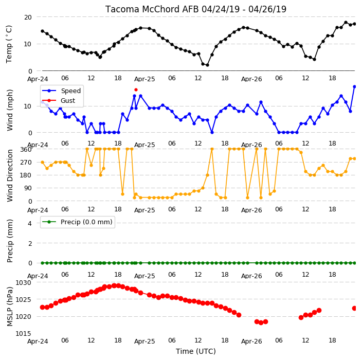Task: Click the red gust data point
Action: (x=136, y=89)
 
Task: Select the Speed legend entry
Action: (x=61, y=91)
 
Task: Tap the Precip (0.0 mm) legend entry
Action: (x=77, y=222)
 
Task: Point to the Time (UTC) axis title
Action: (x=196, y=351)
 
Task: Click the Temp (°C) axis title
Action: (x=9, y=44)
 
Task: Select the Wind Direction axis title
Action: (x=10, y=175)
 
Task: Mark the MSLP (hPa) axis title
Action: (x=10, y=307)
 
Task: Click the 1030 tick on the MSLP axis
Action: (x=23, y=283)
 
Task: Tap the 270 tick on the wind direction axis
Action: (x=26, y=163)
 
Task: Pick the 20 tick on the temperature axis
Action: (x=27, y=17)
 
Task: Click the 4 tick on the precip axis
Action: (x=30, y=223)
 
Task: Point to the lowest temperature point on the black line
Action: (x=207, y=65)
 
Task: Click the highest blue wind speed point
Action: (x=355, y=87)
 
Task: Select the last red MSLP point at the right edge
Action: (x=354, y=308)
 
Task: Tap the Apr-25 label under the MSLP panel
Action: (x=144, y=341)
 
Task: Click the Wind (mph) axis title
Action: (x=10, y=110)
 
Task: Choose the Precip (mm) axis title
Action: (x=10, y=241)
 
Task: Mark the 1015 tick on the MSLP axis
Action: (x=23, y=334)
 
